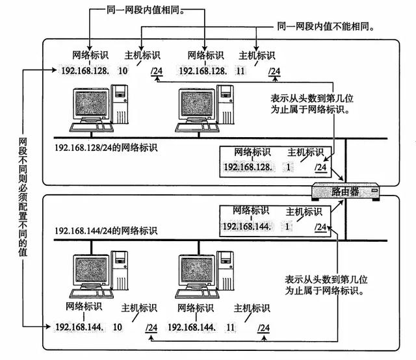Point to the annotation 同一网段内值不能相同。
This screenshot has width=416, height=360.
pyautogui.click(x=328, y=27)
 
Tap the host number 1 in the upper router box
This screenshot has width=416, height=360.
pyautogui.click(x=287, y=167)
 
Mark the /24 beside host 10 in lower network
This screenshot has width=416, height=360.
pyautogui.click(x=151, y=326)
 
